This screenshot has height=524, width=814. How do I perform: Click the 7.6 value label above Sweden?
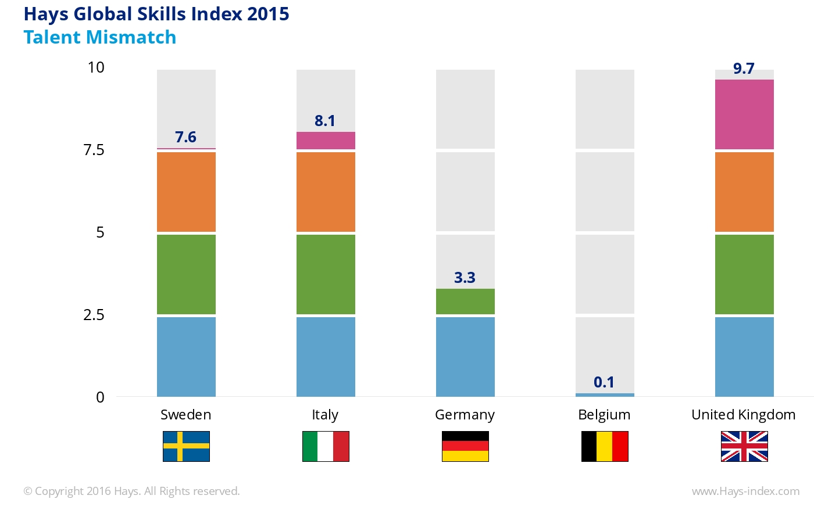coord(185,137)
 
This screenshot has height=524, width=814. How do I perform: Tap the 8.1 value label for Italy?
coord(325,121)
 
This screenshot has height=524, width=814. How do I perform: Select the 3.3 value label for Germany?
coord(465,278)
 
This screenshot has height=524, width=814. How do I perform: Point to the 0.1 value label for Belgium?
coord(604,382)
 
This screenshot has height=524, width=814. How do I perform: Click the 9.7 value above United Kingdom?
coord(744,69)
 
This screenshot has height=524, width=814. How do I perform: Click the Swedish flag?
coord(186,446)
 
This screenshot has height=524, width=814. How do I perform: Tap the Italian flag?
coord(326,446)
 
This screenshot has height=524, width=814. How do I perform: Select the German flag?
coord(465,446)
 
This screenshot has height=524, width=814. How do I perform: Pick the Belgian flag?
coord(605,446)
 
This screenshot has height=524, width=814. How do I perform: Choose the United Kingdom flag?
coord(744,446)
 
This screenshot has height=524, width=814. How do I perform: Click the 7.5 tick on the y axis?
coord(94,150)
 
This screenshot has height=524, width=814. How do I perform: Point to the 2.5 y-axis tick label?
coord(94,315)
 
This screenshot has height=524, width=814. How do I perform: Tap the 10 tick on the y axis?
coord(96,67)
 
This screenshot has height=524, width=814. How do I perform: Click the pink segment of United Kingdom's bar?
coord(744,114)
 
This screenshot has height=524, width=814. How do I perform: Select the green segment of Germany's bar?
coord(465,302)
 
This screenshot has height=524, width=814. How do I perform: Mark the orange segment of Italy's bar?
coord(326,192)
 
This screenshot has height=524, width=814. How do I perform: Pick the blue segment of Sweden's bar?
coord(186,357)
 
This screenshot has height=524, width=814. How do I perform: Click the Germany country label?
coord(465,415)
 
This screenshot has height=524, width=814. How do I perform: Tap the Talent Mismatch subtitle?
coord(100,37)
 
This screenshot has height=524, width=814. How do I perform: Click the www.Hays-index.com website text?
coord(745,491)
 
